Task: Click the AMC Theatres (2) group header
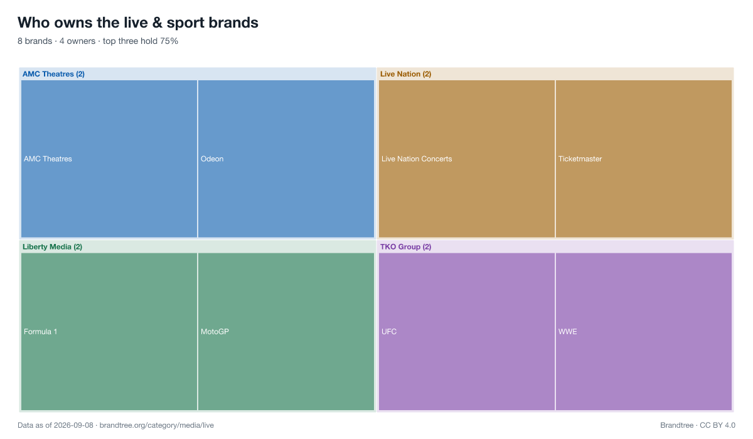[x=53, y=74]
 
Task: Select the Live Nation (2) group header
[x=405, y=74]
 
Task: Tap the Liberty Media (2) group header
[x=52, y=247]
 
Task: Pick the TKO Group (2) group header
[x=405, y=247]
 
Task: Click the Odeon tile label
[x=212, y=159]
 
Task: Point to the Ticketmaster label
[x=580, y=159]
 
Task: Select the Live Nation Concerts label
[x=417, y=159]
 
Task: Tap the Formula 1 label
[x=40, y=332]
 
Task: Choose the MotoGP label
[x=215, y=332]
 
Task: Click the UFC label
[x=389, y=332]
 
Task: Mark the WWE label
[x=567, y=332]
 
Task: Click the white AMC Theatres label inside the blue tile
[x=48, y=159]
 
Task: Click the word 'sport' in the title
[x=185, y=23]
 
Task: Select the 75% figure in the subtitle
[x=169, y=41]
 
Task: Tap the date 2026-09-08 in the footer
[x=73, y=425]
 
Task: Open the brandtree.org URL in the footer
[x=157, y=425]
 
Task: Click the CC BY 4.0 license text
[x=717, y=425]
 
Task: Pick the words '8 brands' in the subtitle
[x=35, y=41]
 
